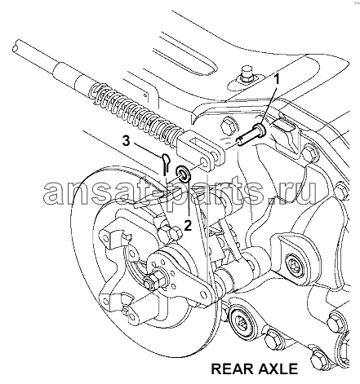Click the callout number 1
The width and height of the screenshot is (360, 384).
click(277, 81)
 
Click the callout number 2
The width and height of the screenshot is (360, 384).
click(188, 225)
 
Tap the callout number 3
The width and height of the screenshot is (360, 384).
click(126, 141)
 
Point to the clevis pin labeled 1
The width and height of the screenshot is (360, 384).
click(251, 135)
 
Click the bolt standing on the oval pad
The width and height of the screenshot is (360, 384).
click(246, 74)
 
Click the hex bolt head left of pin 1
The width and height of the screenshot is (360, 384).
click(229, 125)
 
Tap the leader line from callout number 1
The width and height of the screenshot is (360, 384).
click(270, 104)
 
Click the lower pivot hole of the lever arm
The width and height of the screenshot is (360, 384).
click(203, 294)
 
